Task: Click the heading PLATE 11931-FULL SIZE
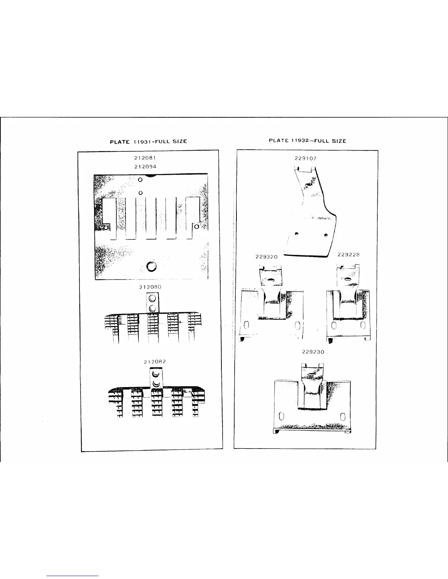coord(149,141)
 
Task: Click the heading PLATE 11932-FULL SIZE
coord(307,141)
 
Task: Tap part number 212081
coord(145,158)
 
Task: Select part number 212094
coord(145,166)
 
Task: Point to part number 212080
coord(150,287)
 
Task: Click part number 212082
coord(155,362)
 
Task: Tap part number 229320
coord(266,257)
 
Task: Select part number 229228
coord(348,254)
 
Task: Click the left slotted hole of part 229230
coord(281,416)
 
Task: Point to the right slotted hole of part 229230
coord(343,416)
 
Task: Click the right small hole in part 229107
coord(325,235)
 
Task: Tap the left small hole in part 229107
coord(297,233)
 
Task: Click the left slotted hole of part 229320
coord(246,325)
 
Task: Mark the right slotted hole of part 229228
coord(363,325)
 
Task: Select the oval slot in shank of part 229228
coord(346,279)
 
